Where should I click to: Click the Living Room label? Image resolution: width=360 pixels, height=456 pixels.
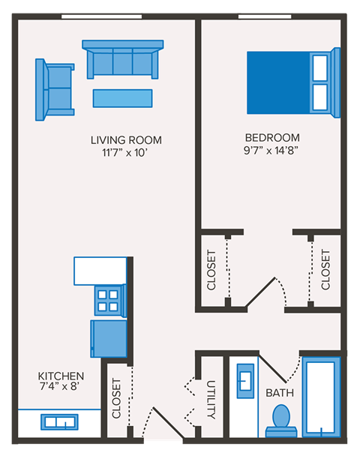pyautogui.click(x=126, y=139)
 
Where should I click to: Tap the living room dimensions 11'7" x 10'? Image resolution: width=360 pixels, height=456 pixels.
pyautogui.click(x=126, y=153)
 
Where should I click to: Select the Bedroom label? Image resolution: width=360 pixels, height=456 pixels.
pyautogui.click(x=272, y=137)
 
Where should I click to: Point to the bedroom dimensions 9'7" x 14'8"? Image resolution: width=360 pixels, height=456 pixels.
pyautogui.click(x=272, y=151)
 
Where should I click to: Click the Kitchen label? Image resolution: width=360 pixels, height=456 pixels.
pyautogui.click(x=61, y=376)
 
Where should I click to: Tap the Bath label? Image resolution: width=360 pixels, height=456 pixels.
pyautogui.click(x=279, y=392)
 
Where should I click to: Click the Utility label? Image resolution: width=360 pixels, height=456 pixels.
pyautogui.click(x=211, y=399)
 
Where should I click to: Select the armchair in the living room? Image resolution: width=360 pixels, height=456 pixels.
pyautogui.click(x=55, y=88)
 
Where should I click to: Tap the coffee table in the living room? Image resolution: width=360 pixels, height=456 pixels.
pyautogui.click(x=122, y=98)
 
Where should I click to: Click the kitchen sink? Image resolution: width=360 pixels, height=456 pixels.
pyautogui.click(x=59, y=422)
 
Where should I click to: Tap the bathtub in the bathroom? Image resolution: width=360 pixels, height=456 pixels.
pyautogui.click(x=322, y=394)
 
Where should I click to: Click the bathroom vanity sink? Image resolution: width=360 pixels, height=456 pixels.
pyautogui.click(x=245, y=380)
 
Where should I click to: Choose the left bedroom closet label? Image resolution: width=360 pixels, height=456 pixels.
pyautogui.click(x=211, y=270)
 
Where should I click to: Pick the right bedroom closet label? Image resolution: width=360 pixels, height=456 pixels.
pyautogui.click(x=325, y=270)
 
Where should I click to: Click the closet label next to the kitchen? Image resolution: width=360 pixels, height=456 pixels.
pyautogui.click(x=116, y=398)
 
